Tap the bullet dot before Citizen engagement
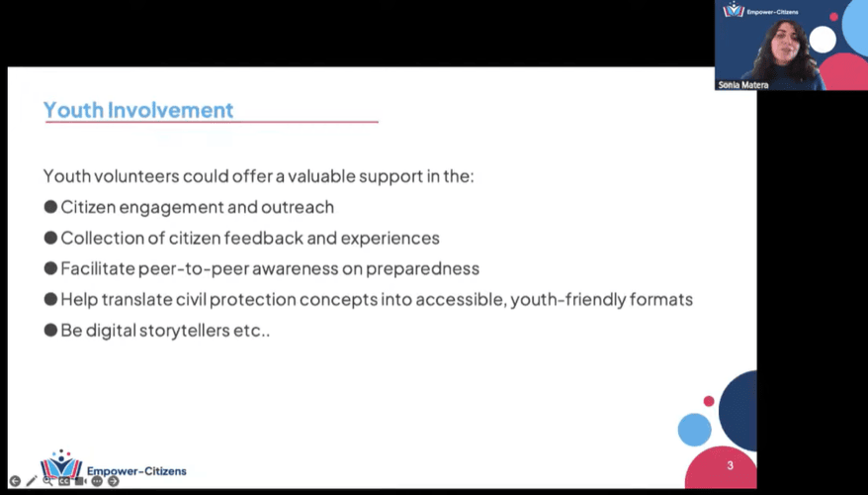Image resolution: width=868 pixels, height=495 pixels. pyautogui.click(x=50, y=207)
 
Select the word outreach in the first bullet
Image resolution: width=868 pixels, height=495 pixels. pyautogui.click(x=298, y=207)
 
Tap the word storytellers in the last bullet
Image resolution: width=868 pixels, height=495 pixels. pyautogui.click(x=198, y=330)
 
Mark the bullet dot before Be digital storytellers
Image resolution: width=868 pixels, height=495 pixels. pyautogui.click(x=50, y=330)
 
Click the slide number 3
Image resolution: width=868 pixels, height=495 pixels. pyautogui.click(x=730, y=465)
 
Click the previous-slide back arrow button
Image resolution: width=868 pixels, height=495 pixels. pyautogui.click(x=15, y=481)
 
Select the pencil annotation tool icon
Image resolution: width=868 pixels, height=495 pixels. pyautogui.click(x=32, y=481)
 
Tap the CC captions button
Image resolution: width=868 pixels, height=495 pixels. pyautogui.click(x=64, y=481)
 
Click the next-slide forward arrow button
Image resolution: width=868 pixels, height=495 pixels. pyautogui.click(x=114, y=481)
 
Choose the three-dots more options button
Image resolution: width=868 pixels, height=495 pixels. pyautogui.click(x=97, y=481)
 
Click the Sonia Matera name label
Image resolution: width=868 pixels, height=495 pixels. pyautogui.click(x=741, y=84)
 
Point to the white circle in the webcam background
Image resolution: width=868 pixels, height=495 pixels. pyautogui.click(x=822, y=40)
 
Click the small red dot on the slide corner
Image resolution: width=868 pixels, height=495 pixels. pyautogui.click(x=709, y=401)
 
